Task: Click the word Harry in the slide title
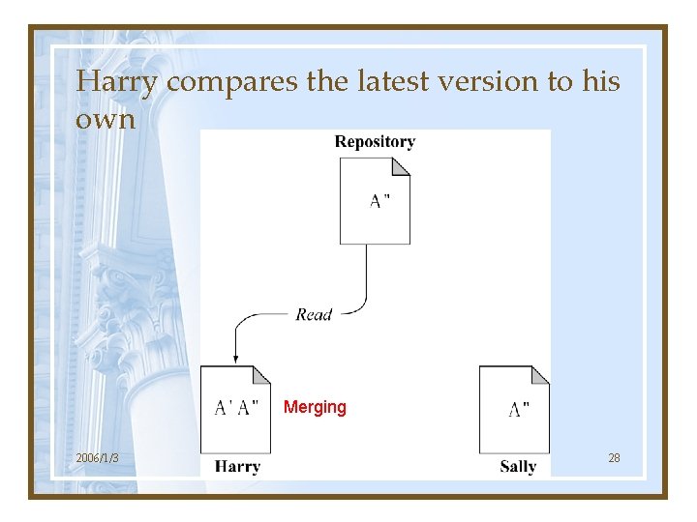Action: [x=115, y=83]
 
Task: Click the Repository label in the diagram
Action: [x=375, y=142]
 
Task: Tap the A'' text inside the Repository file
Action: [x=380, y=202]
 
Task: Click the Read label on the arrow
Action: [x=314, y=314]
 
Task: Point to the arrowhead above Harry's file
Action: [x=235, y=359]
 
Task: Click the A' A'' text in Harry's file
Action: [x=236, y=408]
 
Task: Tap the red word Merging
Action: [x=315, y=407]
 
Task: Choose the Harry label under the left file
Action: [x=237, y=467]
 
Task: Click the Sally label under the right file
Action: [x=518, y=467]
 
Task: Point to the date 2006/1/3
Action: [x=98, y=457]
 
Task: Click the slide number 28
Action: [x=614, y=457]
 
